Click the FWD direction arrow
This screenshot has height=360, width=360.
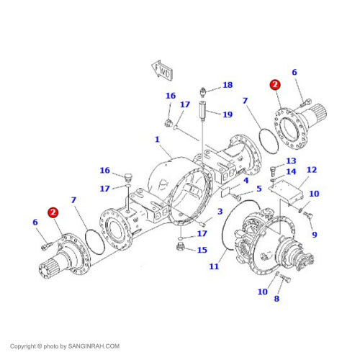pyautogui.click(x=162, y=71)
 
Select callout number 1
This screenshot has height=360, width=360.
pyautogui.click(x=157, y=139)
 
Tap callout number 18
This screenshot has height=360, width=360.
pyautogui.click(x=228, y=85)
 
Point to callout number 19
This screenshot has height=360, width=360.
pyautogui.click(x=228, y=114)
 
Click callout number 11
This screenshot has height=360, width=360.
pyautogui.click(x=214, y=266)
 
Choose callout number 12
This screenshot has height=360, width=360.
pyautogui.click(x=312, y=170)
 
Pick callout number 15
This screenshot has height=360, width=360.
pyautogui.click(x=202, y=250)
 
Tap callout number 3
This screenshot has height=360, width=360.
pyautogui.click(x=220, y=212)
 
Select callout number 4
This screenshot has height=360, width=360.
pyautogui.click(x=246, y=181)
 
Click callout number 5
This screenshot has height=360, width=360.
pyautogui.click(x=259, y=189)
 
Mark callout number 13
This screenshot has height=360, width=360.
pyautogui.click(x=291, y=161)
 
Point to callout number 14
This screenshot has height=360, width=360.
pyautogui.click(x=291, y=171)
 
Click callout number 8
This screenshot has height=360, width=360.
pyautogui.click(x=276, y=299)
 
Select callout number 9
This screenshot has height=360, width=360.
pyautogui.click(x=315, y=235)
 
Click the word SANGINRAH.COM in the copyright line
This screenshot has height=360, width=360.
pyautogui.click(x=94, y=346)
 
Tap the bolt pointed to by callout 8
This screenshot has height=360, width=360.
pyautogui.click(x=285, y=279)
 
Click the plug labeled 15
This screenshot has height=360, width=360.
pyautogui.click(x=180, y=246)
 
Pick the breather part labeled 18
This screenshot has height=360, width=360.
pyautogui.click(x=203, y=92)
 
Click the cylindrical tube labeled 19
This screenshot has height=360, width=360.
pyautogui.click(x=202, y=111)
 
